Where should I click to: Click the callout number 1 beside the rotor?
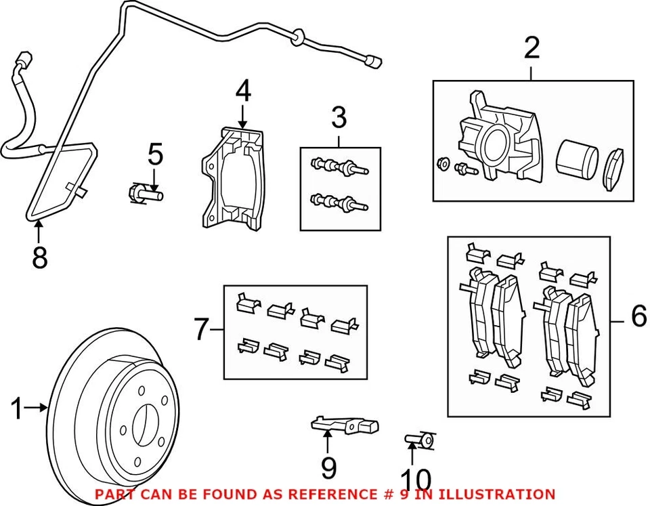(x=16, y=408)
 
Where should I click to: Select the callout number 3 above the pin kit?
(x=339, y=117)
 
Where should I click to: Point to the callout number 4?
(x=243, y=91)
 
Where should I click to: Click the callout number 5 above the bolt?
(x=156, y=154)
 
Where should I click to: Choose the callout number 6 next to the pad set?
(x=638, y=316)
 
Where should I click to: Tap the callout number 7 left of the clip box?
(x=202, y=329)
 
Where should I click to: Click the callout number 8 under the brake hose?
(x=39, y=257)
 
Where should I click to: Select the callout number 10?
(x=417, y=479)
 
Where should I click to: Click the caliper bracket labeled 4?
(x=232, y=178)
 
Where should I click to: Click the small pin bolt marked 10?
(x=420, y=440)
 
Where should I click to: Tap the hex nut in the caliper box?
(x=443, y=163)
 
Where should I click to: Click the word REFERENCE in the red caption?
(x=331, y=494)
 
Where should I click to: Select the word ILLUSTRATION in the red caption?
(x=496, y=494)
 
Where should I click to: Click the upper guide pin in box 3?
(x=339, y=167)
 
